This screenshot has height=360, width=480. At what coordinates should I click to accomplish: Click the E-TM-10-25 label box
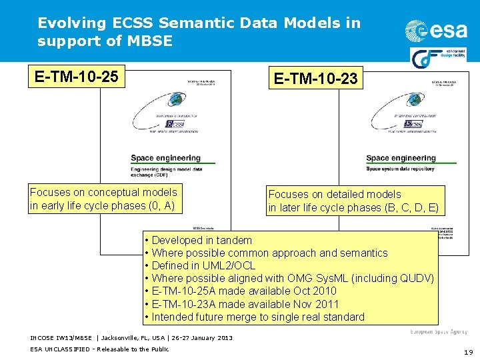pyautogui.click(x=76, y=77)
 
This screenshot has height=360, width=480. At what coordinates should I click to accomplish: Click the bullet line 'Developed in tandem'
pyautogui.click(x=201, y=240)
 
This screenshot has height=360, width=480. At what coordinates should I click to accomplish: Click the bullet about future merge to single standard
pyautogui.click(x=258, y=317)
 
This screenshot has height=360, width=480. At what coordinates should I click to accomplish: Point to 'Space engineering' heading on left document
pyautogui.click(x=165, y=158)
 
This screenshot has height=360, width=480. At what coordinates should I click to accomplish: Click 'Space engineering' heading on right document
pyautogui.click(x=401, y=158)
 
